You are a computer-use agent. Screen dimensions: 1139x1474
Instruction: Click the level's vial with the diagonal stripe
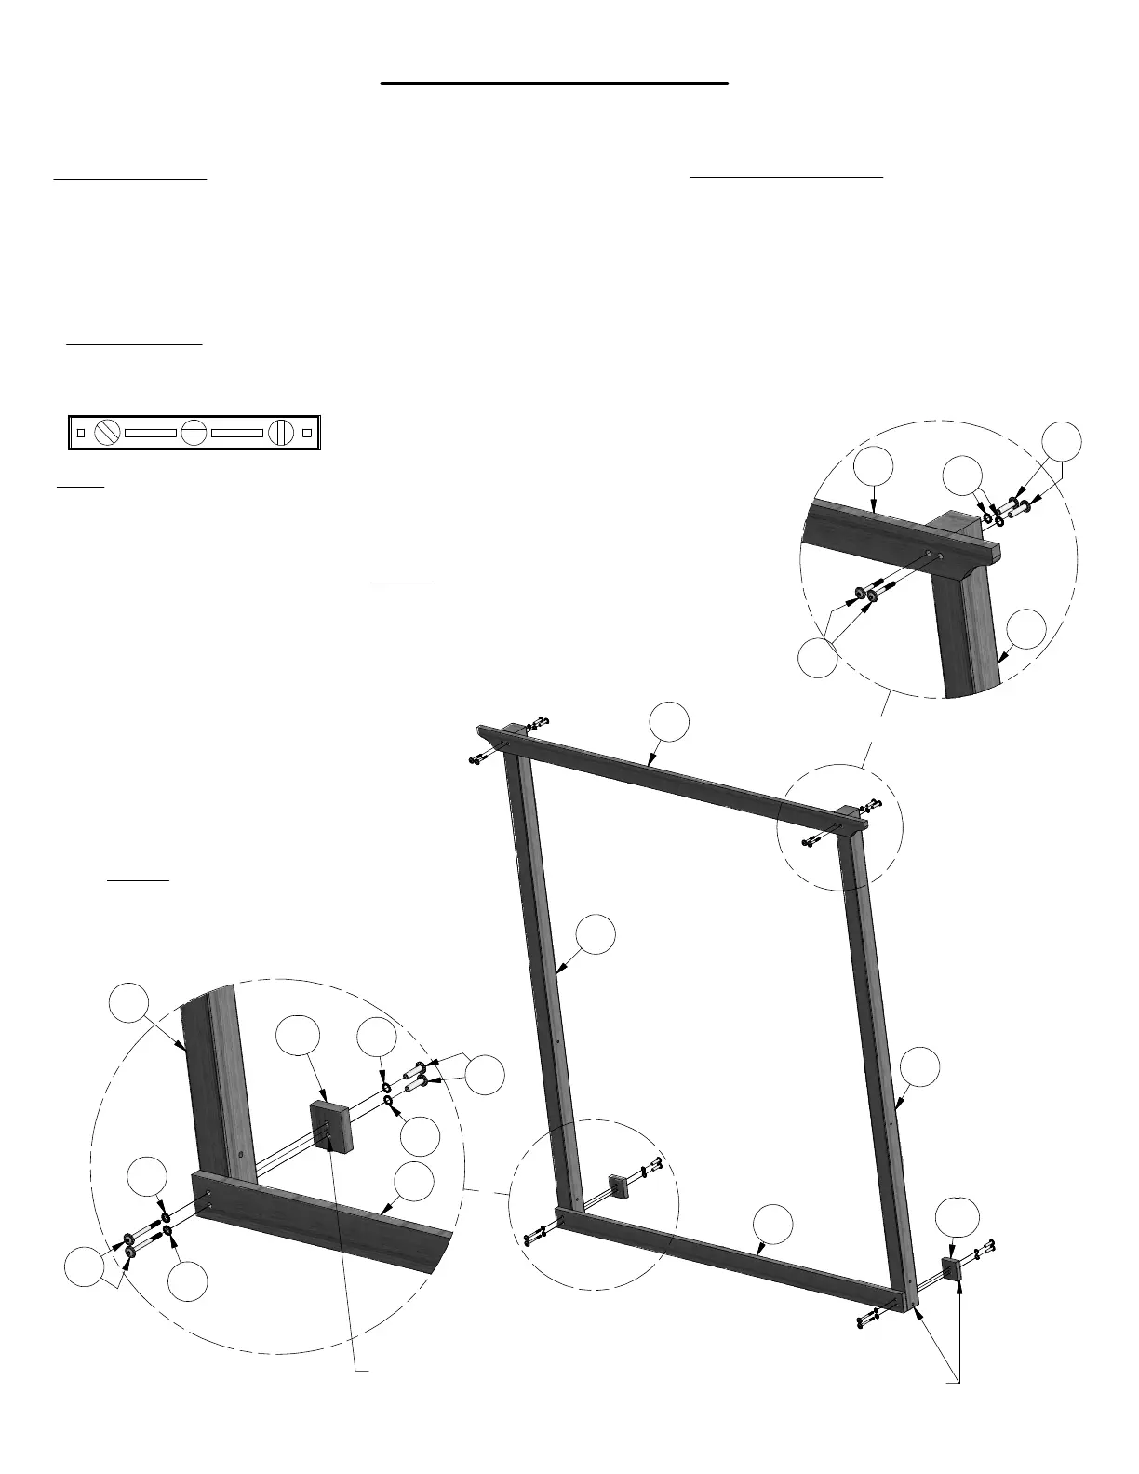point(109,433)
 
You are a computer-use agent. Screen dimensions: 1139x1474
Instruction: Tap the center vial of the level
point(194,433)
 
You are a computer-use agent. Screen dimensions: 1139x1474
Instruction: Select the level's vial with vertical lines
point(281,433)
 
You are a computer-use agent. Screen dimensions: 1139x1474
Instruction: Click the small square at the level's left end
point(80,433)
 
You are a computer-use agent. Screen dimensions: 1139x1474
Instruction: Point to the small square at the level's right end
point(307,433)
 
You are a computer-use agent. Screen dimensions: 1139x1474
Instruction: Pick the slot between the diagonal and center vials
point(151,433)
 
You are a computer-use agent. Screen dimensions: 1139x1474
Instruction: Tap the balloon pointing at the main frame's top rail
point(669,724)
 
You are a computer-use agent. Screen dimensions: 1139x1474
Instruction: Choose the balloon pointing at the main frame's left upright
point(596,934)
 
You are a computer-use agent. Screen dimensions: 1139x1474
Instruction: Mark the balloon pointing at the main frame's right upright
point(919,1067)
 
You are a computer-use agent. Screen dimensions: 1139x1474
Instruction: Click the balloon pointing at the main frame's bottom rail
point(773,1224)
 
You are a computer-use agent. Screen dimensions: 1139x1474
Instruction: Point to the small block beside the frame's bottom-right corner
point(950,1268)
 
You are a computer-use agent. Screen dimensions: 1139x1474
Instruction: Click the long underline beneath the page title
point(554,83)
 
